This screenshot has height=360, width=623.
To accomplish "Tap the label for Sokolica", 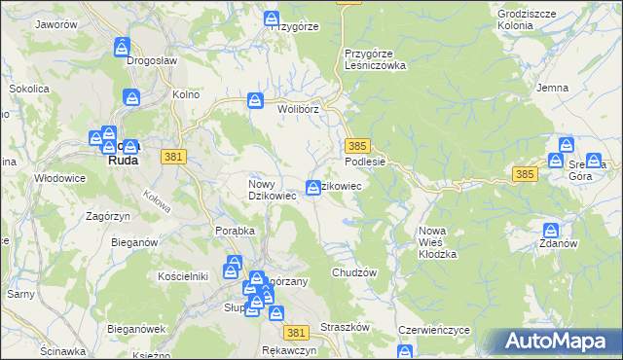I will click(x=29, y=89).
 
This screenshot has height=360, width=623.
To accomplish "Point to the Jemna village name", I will click(x=552, y=88).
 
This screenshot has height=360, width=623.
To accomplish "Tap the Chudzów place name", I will click(x=353, y=272).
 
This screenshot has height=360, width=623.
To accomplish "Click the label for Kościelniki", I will click(x=184, y=276).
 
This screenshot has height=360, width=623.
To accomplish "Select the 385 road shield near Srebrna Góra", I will click(x=525, y=174).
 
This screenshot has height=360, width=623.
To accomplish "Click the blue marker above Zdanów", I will click(x=551, y=230).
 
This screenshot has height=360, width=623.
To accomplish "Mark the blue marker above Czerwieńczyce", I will click(x=405, y=351).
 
